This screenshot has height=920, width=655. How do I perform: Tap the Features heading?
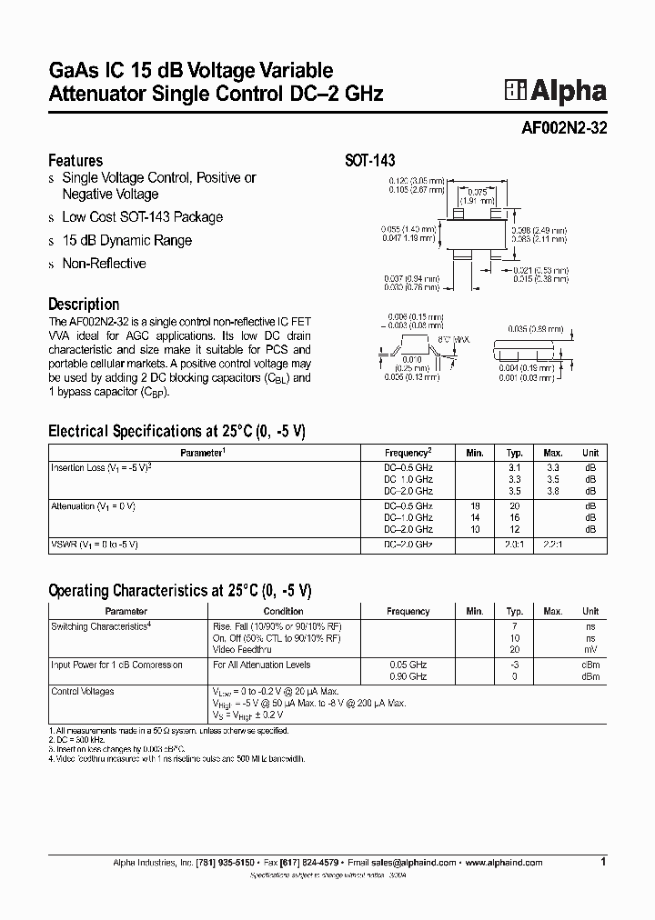point(75,160)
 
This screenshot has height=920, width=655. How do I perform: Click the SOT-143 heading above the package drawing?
point(369,161)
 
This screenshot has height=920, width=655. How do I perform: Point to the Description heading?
point(84,305)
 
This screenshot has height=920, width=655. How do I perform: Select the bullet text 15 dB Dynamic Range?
point(126,241)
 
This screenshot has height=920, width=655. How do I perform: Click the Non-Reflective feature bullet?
point(104,264)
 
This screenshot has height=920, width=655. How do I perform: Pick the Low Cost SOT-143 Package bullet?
point(142,217)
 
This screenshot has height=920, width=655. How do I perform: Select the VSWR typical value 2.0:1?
point(514,544)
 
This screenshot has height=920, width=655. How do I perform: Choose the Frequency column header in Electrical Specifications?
point(407,453)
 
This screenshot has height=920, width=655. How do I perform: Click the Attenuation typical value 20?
point(514,505)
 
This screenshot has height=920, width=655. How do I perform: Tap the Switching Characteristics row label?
point(100,627)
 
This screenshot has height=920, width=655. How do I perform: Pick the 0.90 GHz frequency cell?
point(407,677)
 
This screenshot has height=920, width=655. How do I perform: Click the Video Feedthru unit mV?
point(590,651)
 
